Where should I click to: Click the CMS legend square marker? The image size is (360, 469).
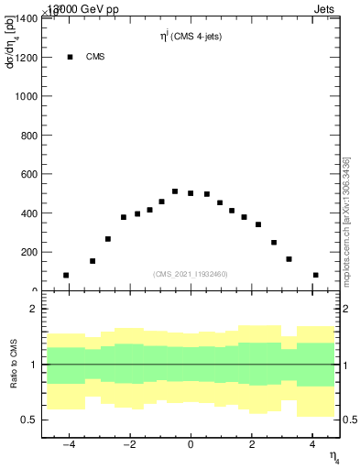coord(70,57)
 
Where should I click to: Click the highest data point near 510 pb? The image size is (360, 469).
coord(175,191)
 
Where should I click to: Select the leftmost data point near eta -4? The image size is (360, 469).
coord(66,275)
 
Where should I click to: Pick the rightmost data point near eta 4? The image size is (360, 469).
coord(315,275)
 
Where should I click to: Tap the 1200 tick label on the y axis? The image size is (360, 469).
coord(27,58)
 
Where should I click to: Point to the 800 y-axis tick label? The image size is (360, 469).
coord(29,136)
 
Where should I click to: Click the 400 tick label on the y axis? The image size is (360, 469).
coord(29,213)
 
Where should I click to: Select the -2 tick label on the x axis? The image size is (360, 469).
coord(128,446)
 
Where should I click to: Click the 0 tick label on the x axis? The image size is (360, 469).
coord(191,446)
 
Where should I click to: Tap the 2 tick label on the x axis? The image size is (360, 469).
coord(252,446)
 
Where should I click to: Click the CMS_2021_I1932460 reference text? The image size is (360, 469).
coord(191,273)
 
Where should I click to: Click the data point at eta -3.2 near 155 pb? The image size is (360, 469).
coord(93,261)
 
